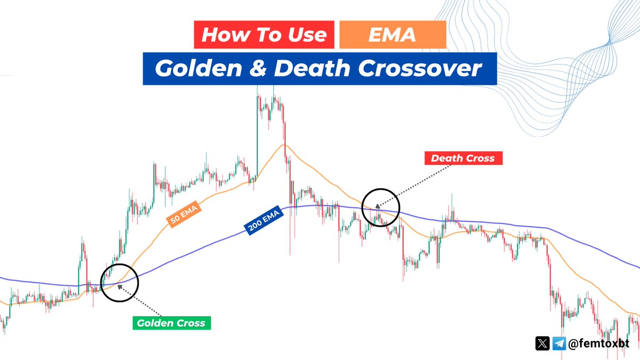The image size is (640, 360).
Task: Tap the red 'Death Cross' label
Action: click(x=462, y=158)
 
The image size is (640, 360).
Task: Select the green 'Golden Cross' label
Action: click(x=171, y=323)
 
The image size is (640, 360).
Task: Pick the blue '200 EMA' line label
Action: click(x=264, y=220)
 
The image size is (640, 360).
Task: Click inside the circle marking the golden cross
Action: click(x=119, y=283)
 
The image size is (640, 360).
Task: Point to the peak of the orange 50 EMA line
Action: click(x=284, y=145)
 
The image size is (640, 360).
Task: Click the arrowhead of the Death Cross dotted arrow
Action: click(x=377, y=205)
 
